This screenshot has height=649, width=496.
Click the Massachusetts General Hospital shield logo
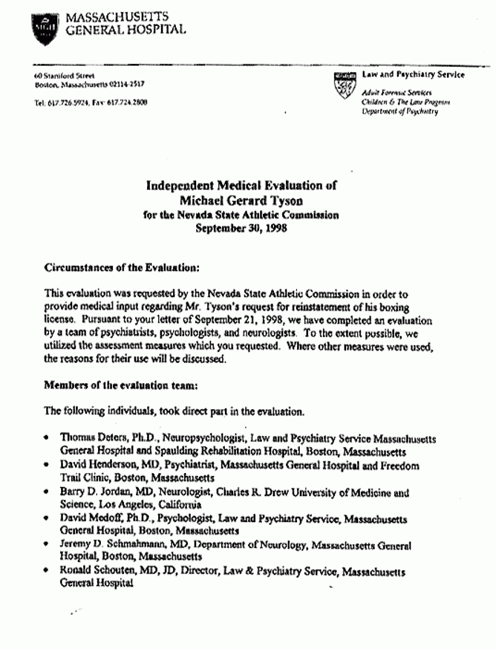45,28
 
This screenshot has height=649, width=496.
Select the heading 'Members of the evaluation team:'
119,385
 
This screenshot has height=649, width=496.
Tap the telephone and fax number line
90,102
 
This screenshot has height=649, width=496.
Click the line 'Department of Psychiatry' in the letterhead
400,111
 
